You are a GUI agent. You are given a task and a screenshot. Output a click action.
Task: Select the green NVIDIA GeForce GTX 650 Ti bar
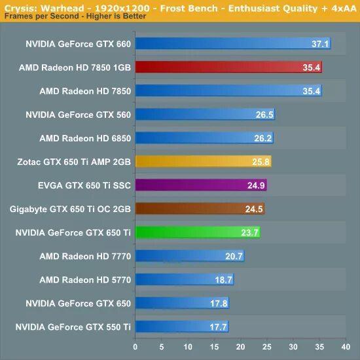(197, 232)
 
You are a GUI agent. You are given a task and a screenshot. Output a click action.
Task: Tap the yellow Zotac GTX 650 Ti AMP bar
(203, 162)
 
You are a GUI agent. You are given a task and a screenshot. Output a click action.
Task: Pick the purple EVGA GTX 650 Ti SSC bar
(200, 185)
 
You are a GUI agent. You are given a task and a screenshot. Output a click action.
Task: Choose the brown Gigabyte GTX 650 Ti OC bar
(199, 209)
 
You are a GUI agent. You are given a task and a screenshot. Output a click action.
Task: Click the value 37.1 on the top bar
(320, 44)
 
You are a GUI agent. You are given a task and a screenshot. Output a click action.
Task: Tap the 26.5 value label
(264, 115)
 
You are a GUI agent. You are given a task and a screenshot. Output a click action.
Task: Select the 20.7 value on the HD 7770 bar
(234, 256)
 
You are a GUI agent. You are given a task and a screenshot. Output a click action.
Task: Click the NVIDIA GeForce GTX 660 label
(78, 44)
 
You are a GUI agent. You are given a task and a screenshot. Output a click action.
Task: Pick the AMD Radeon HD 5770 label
(85, 279)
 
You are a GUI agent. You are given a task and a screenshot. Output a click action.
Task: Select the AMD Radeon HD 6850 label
(85, 138)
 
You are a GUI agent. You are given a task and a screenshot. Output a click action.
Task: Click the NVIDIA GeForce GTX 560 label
(78, 115)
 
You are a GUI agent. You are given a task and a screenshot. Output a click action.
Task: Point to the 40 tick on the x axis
(345, 346)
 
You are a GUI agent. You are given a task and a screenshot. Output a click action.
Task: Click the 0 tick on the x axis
(135, 346)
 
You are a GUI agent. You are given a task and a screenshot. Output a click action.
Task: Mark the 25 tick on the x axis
(266, 346)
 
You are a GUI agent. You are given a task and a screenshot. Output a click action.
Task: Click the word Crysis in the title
(18, 6)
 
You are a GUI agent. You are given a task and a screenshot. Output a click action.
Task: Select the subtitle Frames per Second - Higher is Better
(75, 16)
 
